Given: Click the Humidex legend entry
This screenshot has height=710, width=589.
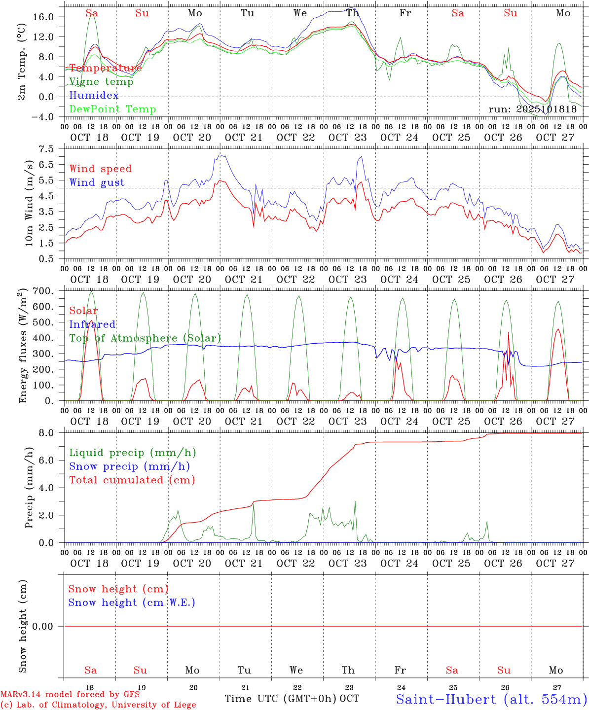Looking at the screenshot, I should (94, 96).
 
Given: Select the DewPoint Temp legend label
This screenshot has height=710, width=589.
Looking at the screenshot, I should (112, 109).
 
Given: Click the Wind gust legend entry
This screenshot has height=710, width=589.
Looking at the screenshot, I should (97, 182).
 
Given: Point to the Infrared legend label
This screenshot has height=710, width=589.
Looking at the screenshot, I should (92, 324).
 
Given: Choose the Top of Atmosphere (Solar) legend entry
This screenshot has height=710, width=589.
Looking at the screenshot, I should (145, 338).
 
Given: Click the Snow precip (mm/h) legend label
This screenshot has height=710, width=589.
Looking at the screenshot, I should (129, 466).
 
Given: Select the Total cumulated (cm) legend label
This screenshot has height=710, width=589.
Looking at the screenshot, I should (132, 480).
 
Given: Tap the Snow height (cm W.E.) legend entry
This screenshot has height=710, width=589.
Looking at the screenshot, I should (132, 603).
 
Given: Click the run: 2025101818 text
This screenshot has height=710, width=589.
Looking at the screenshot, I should (532, 109).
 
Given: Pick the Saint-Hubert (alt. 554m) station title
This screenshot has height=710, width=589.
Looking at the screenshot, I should (491, 699).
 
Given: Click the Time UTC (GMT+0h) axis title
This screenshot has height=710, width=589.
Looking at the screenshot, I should (281, 699).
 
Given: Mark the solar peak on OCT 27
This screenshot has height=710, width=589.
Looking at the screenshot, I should (558, 329).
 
